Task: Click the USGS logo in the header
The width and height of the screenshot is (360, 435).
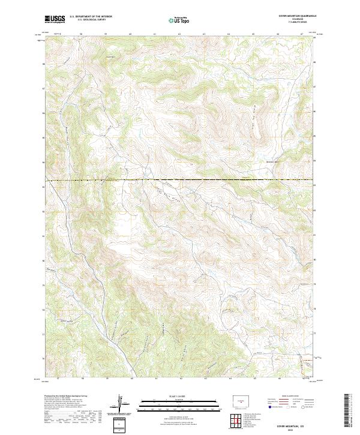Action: coord(55,19)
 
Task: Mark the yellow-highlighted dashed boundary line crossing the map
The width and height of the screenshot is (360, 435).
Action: coord(180,181)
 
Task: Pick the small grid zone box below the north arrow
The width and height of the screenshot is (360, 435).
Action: coord(120,424)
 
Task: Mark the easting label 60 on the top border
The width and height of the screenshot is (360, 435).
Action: coord(131,34)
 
